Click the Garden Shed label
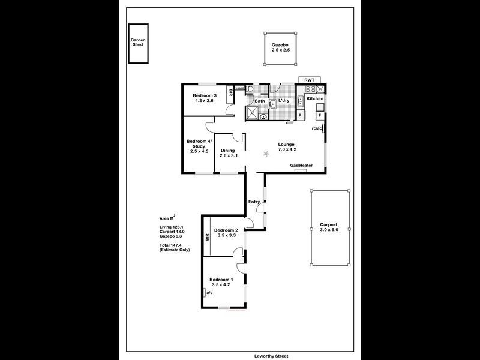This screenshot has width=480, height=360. pyautogui.click(x=138, y=42)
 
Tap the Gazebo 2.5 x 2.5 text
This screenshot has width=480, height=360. pyautogui.click(x=280, y=47)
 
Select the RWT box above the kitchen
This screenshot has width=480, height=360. pyautogui.click(x=310, y=80)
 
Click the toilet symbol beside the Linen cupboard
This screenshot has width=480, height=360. pyautogui.click(x=250, y=89)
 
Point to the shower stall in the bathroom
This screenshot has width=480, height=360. pyautogui.click(x=253, y=112)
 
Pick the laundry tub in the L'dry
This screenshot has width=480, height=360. pyautogui.click(x=272, y=104)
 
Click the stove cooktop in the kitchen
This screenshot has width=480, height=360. pyautogui.click(x=310, y=89)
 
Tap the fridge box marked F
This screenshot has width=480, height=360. pyautogui.click(x=320, y=116)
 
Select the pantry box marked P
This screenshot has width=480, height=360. pyautogui.click(x=300, y=115)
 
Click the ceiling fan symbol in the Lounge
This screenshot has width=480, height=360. pyautogui.click(x=266, y=154)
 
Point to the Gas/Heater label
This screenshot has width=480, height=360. pyautogui.click(x=302, y=166)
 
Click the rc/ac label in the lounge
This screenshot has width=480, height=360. pyautogui.click(x=317, y=128)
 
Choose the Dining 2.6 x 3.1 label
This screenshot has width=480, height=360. pyautogui.click(x=228, y=153)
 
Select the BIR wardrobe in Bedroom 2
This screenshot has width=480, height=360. pyautogui.click(x=207, y=236)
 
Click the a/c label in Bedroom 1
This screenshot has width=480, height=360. pyautogui.click(x=209, y=293)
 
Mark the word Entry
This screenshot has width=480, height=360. pyautogui.click(x=254, y=202)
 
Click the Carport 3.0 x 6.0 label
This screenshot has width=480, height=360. pyautogui.click(x=329, y=227)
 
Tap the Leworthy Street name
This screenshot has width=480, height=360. pyautogui.click(x=271, y=356)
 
